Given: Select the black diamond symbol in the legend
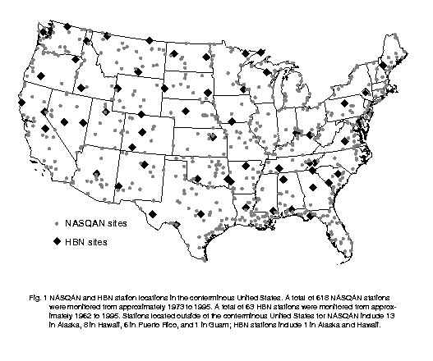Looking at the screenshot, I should click(x=57, y=242).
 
